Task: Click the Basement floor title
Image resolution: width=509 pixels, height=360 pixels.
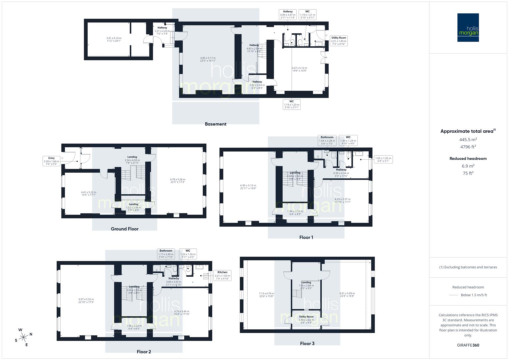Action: [215, 124]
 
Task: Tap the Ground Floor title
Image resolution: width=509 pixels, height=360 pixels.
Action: [124, 229]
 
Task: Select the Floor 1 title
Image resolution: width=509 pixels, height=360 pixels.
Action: [306, 237]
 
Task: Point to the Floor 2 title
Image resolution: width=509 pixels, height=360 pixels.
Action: [144, 352]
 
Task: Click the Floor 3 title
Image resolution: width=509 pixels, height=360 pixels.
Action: [307, 343]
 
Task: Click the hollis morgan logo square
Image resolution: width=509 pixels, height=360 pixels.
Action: [468, 27]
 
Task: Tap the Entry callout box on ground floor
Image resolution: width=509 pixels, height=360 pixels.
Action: [51, 161]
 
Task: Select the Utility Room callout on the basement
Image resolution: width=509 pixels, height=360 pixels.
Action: [339, 41]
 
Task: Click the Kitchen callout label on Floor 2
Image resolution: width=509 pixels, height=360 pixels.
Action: [222, 275]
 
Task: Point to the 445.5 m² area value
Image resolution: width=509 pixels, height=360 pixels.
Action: [468, 139]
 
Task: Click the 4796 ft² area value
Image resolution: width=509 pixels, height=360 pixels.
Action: [468, 147]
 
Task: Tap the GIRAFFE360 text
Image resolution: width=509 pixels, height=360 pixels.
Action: [468, 345]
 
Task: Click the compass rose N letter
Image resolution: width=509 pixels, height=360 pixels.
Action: [31, 334]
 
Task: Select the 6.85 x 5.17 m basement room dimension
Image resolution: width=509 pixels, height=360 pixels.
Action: [208, 59]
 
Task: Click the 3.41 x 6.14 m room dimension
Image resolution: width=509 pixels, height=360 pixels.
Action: [114, 39]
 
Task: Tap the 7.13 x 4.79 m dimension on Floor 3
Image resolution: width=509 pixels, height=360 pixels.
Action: [266, 295]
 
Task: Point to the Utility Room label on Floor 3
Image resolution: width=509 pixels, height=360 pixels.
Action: [306, 317]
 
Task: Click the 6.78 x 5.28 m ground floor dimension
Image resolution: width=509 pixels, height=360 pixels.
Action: [177, 181]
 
